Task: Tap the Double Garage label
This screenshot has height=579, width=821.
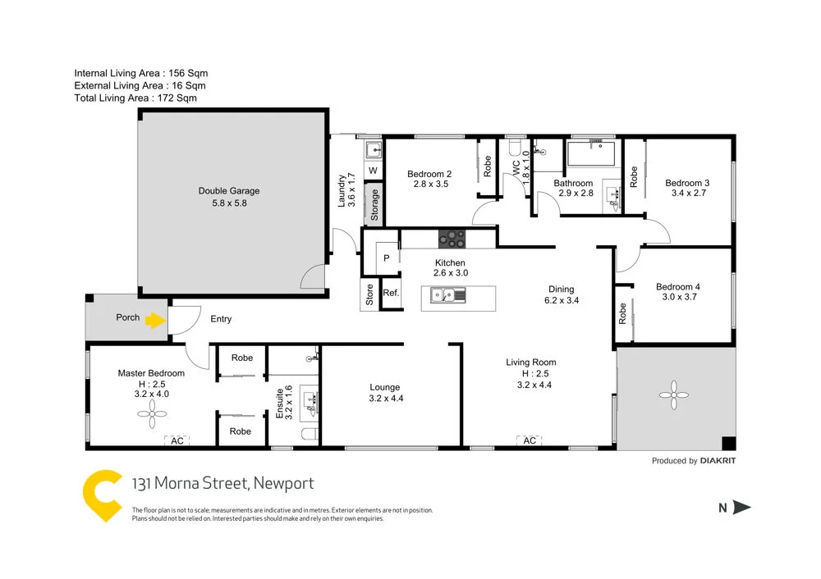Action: pyautogui.click(x=222, y=191)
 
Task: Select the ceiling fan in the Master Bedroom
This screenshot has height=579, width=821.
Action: pyautogui.click(x=150, y=416)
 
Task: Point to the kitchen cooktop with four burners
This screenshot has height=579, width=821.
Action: pyautogui.click(x=451, y=239)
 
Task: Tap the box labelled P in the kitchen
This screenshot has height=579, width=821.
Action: pyautogui.click(x=387, y=257)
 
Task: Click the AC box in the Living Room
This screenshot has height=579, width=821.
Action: pyautogui.click(x=530, y=441)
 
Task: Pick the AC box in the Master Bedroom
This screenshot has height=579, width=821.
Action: pyautogui.click(x=177, y=441)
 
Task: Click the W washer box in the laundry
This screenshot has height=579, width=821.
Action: pyautogui.click(x=373, y=171)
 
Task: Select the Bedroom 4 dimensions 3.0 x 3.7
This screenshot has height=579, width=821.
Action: pyautogui.click(x=677, y=298)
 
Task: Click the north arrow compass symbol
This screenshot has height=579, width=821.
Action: pyautogui.click(x=741, y=508)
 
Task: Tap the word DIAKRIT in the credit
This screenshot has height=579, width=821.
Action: pyautogui.click(x=718, y=461)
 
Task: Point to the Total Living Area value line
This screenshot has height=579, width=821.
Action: pyautogui.click(x=135, y=98)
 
